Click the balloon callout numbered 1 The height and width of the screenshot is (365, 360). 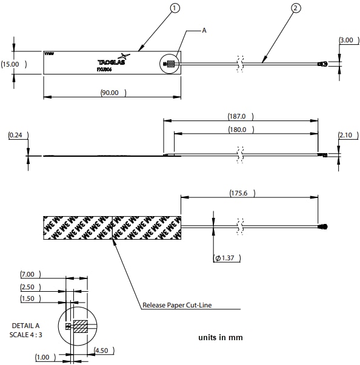tap(176, 8)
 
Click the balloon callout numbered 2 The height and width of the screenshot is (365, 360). tap(295, 8)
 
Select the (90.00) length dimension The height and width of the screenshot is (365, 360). tap(113, 93)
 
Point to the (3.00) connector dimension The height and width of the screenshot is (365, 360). tap(346, 40)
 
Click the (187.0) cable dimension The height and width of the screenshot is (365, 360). tap(241, 116)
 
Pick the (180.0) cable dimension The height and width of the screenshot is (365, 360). tap(241, 130)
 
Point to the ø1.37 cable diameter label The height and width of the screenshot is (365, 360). tap(227, 258)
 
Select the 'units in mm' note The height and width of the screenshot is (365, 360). tap(221, 337)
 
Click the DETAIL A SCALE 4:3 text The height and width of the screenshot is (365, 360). tap(25, 330)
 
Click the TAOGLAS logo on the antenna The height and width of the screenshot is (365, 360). tap(111, 62)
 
